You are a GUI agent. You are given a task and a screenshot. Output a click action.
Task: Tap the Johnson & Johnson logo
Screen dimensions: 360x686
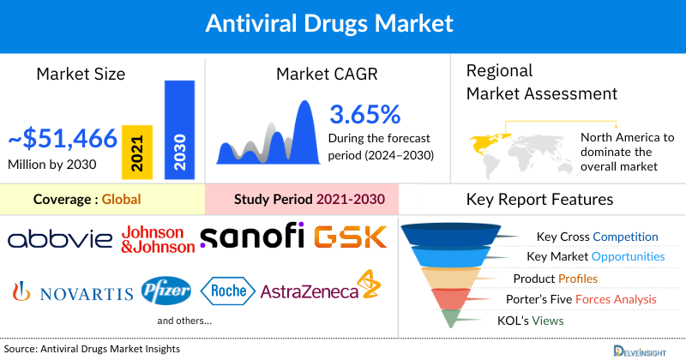point(157,240)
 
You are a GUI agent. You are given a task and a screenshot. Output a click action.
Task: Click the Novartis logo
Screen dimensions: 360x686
point(72,292)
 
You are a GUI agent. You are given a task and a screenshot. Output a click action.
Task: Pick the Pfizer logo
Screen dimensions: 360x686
point(167,291)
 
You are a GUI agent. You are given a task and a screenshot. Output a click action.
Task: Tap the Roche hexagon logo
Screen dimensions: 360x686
point(227,291)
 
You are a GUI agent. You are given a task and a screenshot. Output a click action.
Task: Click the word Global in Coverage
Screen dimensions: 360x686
point(121,200)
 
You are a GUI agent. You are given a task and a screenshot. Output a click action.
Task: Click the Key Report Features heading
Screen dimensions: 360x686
point(539,200)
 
